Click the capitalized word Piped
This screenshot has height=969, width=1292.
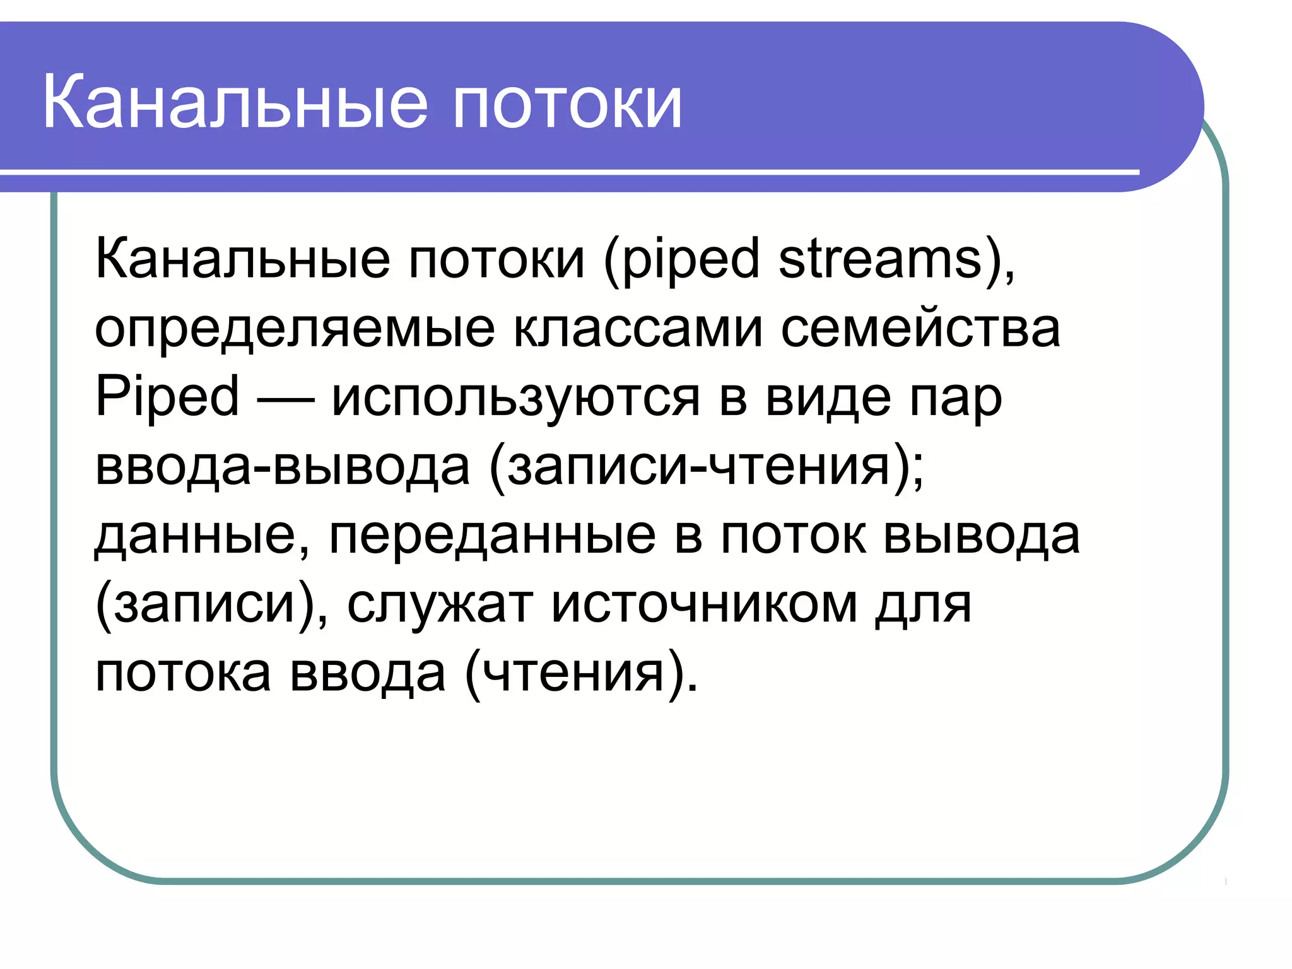point(167,397)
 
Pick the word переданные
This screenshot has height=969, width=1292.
point(492,536)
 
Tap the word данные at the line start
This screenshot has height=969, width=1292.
point(195,536)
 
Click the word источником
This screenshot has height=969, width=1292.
point(704,604)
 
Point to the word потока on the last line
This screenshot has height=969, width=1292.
point(183,674)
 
